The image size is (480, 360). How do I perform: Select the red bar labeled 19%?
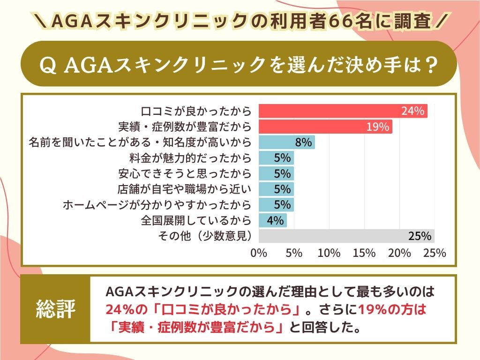325,127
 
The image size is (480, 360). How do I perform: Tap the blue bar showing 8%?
287,142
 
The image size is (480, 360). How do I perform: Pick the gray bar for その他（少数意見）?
346,236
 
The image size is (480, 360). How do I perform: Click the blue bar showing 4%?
273,220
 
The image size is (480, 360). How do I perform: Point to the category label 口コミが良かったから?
196,112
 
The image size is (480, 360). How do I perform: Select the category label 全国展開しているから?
196,220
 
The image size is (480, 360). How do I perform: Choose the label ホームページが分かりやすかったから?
157,205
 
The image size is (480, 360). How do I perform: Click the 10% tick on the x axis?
329,253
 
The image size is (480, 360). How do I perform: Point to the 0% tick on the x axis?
259,253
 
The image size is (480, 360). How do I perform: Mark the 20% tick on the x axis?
399,253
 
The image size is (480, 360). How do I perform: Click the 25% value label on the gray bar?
419,236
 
